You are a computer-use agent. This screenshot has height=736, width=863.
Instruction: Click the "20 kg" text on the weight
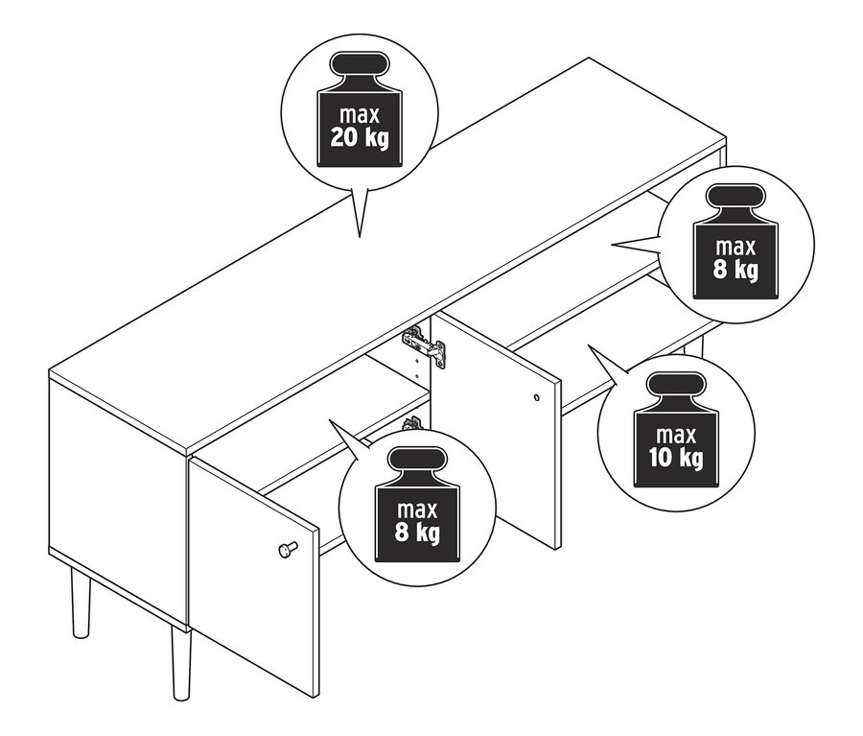point(360,138)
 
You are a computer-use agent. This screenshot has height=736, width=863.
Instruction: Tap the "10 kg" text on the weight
point(676,458)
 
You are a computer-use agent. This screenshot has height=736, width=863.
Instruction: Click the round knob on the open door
point(288,549)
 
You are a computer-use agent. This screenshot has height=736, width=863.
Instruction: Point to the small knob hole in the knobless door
point(537,397)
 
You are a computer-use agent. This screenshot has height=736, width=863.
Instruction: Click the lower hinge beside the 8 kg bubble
point(412,423)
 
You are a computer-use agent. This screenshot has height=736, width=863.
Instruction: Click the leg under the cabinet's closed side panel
point(81,604)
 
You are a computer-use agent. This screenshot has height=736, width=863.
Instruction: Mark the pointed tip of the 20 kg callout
point(360,237)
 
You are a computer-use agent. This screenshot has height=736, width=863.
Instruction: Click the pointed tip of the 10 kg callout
point(589,345)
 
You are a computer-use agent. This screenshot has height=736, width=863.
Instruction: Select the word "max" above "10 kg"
point(676,436)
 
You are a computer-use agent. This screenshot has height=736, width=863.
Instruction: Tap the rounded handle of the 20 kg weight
point(360,65)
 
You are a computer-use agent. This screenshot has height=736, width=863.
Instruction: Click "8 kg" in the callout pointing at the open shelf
point(735,270)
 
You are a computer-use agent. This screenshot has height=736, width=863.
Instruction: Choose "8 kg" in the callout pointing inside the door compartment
point(417,533)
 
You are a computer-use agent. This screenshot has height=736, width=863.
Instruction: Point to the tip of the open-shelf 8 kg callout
point(613,244)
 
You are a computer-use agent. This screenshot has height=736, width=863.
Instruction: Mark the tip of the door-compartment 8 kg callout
point(330,420)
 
